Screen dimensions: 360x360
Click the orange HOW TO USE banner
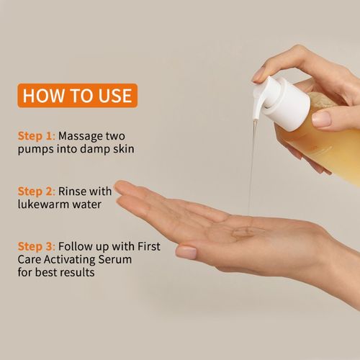[x=78, y=96]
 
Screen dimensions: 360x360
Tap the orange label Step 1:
[x=37, y=136]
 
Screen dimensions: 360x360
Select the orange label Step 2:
[x=37, y=192]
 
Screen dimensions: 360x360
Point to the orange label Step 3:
[x=37, y=247]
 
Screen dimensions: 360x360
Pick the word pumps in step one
[x=35, y=150]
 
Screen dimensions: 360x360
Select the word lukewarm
[x=43, y=204]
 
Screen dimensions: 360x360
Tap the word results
[x=77, y=272]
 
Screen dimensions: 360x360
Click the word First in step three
[x=149, y=246]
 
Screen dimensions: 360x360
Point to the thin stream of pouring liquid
[x=252, y=168]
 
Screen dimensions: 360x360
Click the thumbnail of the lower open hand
[x=186, y=252]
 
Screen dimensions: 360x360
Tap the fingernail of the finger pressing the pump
[x=258, y=75]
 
